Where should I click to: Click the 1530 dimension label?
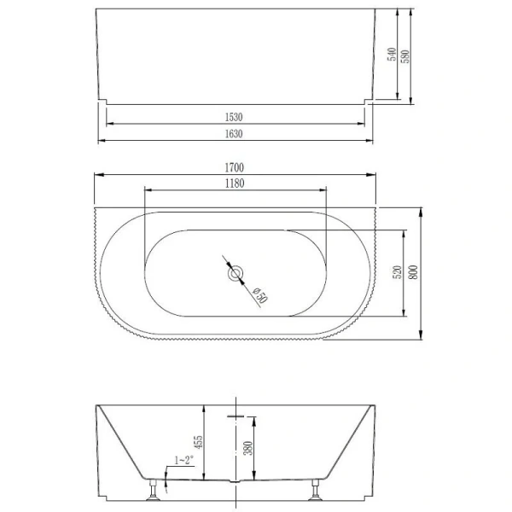click(x=235, y=115)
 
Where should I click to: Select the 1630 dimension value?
click(x=235, y=133)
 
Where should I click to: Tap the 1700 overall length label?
click(x=235, y=168)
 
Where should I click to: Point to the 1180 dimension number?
click(x=235, y=183)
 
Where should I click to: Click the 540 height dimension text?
click(x=391, y=55)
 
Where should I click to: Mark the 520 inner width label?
click(x=396, y=273)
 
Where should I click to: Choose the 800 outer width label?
click(x=413, y=273)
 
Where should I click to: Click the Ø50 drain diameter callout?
click(x=259, y=294)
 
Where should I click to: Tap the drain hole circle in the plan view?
click(x=236, y=274)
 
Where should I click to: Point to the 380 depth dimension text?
click(x=247, y=447)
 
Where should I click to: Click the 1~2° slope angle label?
click(x=183, y=461)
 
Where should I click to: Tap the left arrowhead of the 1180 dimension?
click(x=148, y=192)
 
